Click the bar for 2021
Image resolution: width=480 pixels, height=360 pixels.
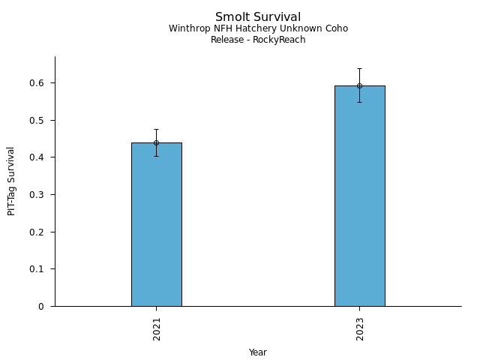(156, 225)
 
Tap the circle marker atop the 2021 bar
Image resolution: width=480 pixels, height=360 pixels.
(156, 142)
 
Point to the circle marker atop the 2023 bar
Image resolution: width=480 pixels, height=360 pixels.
(359, 85)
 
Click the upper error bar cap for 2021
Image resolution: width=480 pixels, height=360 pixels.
(156, 129)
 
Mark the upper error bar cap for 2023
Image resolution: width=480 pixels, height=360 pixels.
(359, 69)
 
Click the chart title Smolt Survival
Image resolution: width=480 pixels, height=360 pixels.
(258, 17)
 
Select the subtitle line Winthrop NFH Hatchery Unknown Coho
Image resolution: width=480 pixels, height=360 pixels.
(258, 29)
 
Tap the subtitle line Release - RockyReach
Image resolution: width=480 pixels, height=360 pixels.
(258, 40)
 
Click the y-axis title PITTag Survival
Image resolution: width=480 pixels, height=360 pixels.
(11, 181)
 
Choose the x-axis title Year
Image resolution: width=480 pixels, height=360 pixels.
(258, 352)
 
